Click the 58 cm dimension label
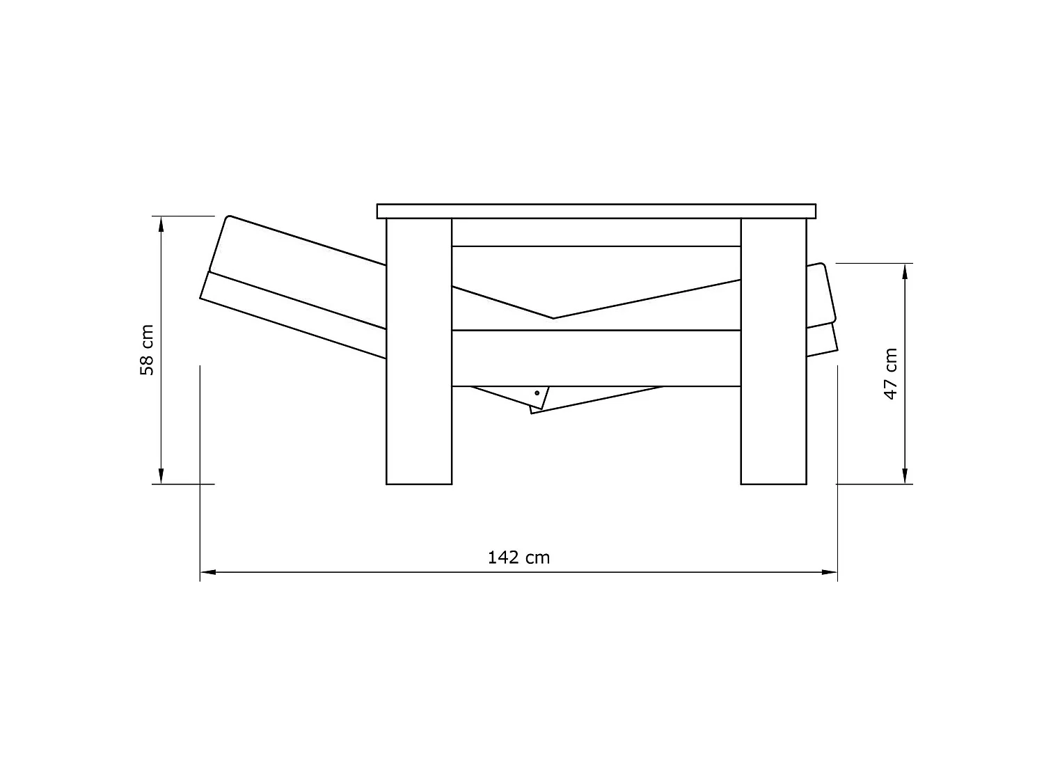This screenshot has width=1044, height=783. [x=147, y=350]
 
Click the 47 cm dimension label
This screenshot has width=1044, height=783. [x=890, y=374]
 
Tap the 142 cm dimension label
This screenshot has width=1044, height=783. [x=519, y=557]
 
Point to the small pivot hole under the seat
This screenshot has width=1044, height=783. [x=537, y=393]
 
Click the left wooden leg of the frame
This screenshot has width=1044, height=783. [x=418, y=351]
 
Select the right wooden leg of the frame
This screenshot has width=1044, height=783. [x=773, y=351]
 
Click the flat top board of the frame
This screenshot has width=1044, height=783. [x=596, y=211]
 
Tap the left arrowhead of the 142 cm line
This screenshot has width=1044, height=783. [x=208, y=572]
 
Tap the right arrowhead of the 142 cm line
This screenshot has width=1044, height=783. [x=830, y=572]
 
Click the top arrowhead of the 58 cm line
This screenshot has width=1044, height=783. [x=161, y=224]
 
